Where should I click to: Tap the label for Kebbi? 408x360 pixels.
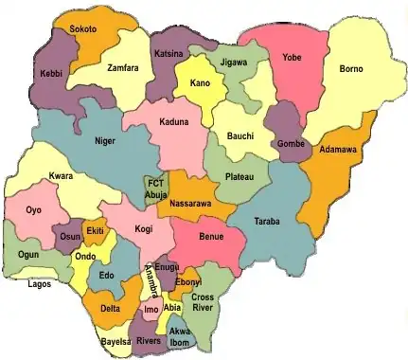pyautogui.click(x=51, y=73)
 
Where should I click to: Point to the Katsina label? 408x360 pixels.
pyautogui.click(x=169, y=55)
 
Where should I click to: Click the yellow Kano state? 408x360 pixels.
pyautogui.click(x=200, y=83)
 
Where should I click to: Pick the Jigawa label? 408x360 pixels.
pyautogui.click(x=232, y=62)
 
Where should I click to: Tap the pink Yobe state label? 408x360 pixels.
pyautogui.click(x=292, y=59)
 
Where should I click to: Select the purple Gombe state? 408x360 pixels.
pyautogui.click(x=290, y=143)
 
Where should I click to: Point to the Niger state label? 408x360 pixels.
pyautogui.click(x=104, y=141)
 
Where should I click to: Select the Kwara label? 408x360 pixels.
pyautogui.click(x=62, y=177)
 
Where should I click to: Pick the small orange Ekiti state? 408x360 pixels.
pyautogui.click(x=95, y=231)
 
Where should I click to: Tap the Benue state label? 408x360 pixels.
pyautogui.click(x=211, y=236)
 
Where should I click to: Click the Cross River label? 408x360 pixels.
pyautogui.click(x=203, y=302)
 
